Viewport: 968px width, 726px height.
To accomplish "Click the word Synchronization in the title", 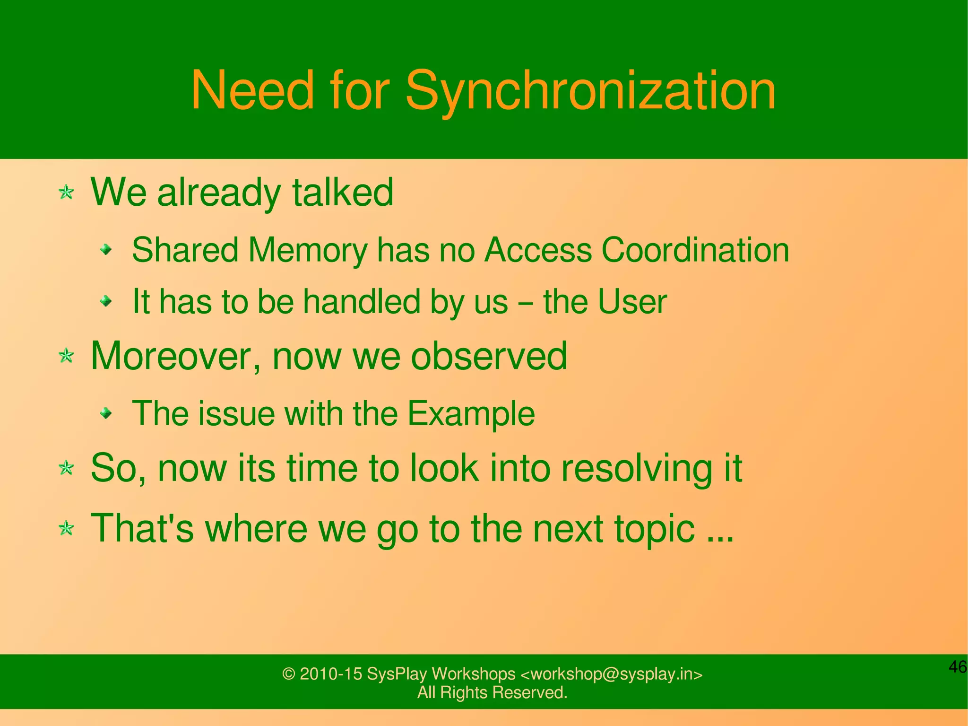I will (590, 91).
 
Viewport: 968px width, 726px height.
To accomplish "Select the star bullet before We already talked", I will (66, 192).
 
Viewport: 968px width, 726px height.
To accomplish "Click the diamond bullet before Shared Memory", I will (107, 249).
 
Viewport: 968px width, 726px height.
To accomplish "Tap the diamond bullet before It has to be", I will (107, 300).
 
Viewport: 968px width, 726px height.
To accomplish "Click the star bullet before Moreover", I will (66, 356).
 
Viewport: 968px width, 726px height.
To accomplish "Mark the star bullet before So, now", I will (66, 468).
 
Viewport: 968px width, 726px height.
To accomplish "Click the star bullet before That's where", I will (66, 528).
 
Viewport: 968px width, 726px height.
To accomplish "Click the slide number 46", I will (958, 667).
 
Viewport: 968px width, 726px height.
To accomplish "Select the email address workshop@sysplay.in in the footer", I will (612, 674).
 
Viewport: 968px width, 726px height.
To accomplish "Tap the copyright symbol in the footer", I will (288, 674).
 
